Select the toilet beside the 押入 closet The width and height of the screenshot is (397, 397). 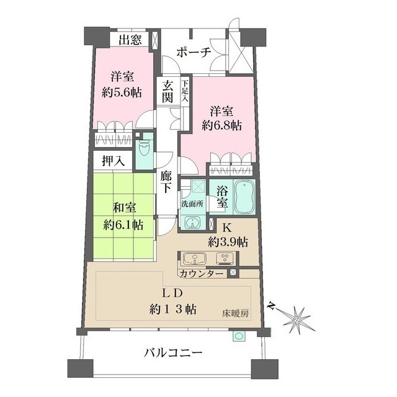[x=144, y=148]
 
